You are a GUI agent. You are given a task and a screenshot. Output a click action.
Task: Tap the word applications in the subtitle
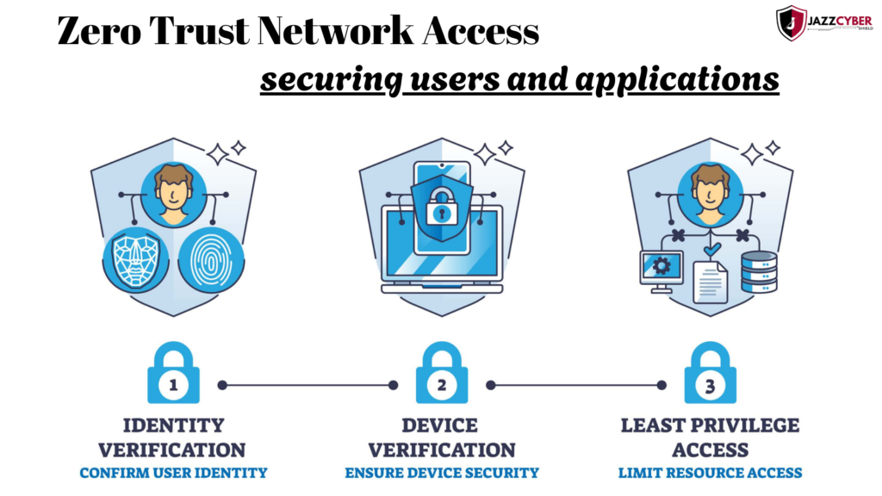pyautogui.click(x=677, y=79)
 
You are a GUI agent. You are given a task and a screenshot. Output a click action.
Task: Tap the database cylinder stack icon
pyautogui.click(x=759, y=271)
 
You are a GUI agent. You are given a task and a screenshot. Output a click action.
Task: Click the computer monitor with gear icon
pyautogui.click(x=661, y=270)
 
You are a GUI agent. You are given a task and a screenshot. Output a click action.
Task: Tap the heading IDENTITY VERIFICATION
pyautogui.click(x=172, y=437)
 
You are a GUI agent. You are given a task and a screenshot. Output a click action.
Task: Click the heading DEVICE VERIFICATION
pyautogui.click(x=441, y=437)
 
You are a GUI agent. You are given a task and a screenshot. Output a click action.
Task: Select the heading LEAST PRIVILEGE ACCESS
pyautogui.click(x=710, y=437)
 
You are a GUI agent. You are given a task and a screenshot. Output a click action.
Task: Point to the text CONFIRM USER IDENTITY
pyautogui.click(x=173, y=473)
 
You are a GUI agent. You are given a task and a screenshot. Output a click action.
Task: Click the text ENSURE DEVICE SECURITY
pyautogui.click(x=442, y=473)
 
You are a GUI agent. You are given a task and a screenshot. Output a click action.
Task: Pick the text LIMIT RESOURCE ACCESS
pyautogui.click(x=710, y=473)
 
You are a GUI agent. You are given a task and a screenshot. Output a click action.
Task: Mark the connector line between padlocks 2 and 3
pyautogui.click(x=575, y=385)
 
